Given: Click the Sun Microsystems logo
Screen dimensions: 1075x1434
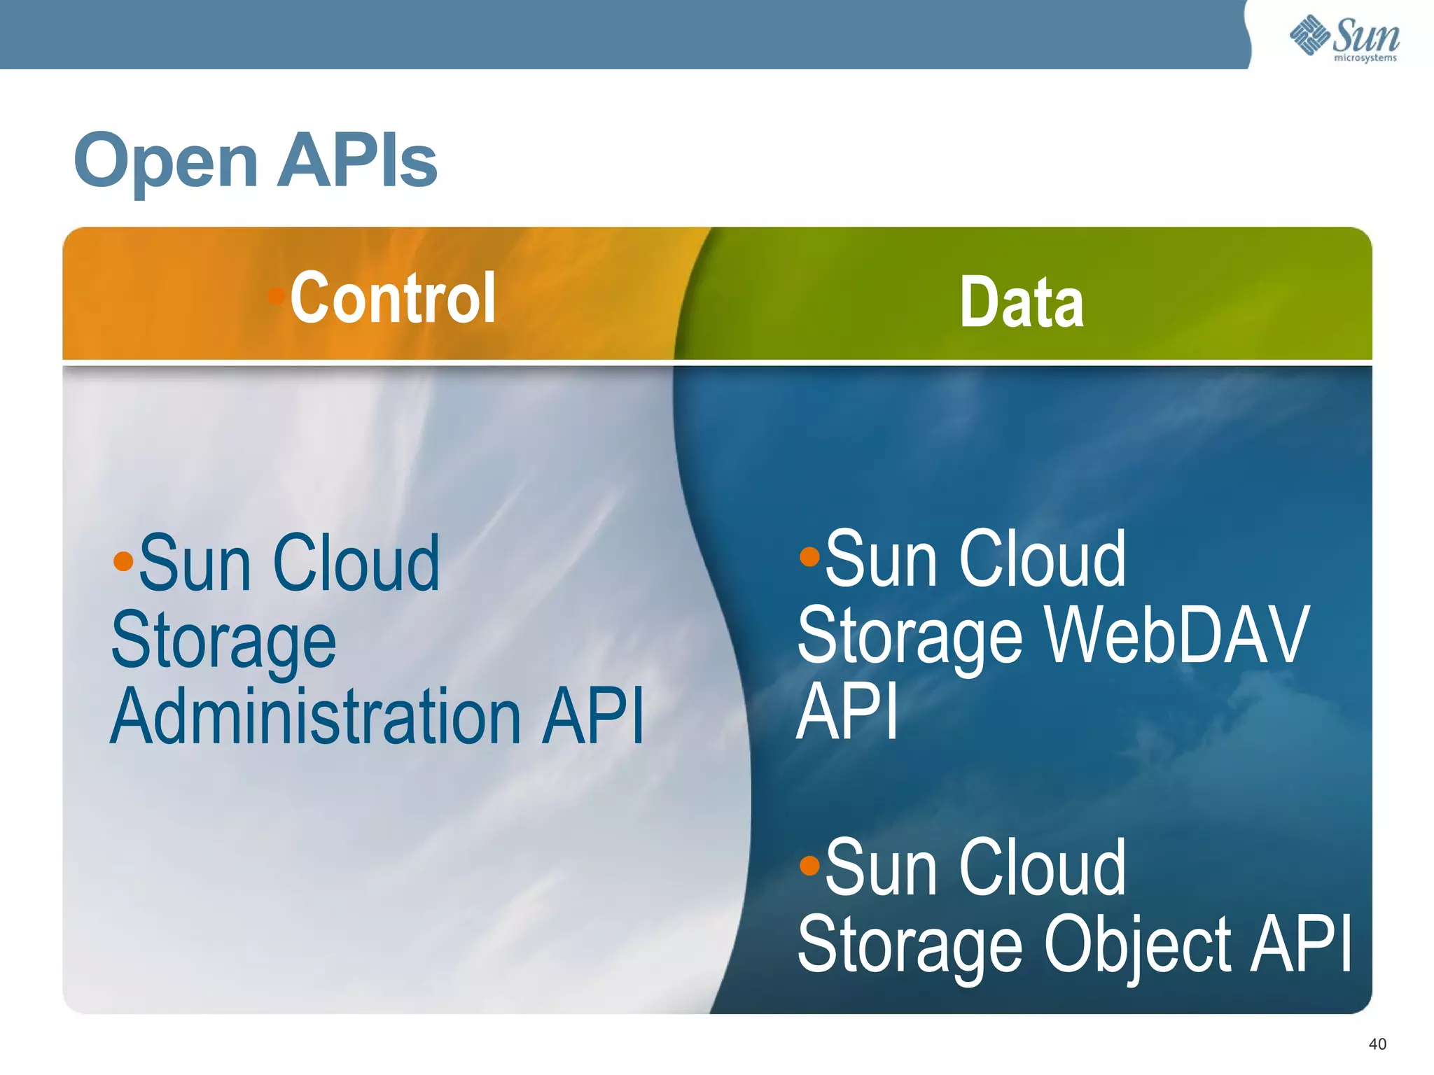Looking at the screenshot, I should point(1344,38).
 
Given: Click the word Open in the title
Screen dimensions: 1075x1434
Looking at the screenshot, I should point(166,162).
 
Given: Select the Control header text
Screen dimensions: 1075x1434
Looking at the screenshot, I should point(393,298).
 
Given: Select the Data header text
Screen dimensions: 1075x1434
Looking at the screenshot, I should point(1022,302).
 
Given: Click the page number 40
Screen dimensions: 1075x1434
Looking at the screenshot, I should point(1377,1044).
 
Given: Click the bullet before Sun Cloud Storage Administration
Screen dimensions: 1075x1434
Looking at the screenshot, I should point(123,561).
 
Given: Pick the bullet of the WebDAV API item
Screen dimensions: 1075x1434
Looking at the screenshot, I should point(809,556).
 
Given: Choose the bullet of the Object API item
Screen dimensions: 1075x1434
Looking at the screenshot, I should point(809,866).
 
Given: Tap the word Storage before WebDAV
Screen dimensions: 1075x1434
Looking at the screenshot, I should point(910,635).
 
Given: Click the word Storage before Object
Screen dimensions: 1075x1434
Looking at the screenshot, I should point(910,945).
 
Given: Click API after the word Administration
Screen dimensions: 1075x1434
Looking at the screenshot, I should point(594,715).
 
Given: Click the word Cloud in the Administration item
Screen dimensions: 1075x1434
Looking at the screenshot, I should point(356,563).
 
